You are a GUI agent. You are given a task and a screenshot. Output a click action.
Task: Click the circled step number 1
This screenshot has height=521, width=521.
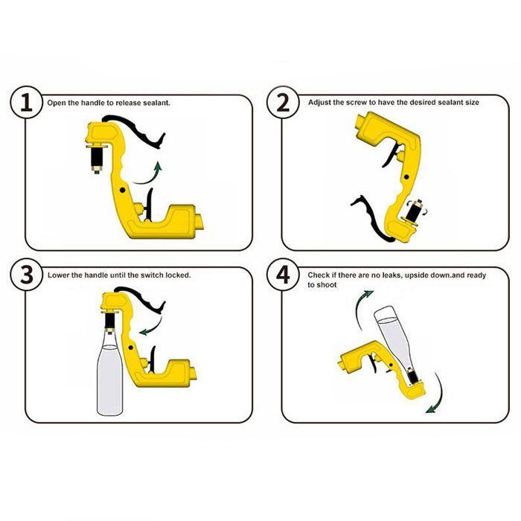coord(27,103)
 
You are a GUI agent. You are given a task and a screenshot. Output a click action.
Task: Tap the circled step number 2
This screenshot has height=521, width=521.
coord(283,103)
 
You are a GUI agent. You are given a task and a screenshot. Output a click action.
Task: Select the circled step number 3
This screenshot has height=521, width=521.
coord(27,275)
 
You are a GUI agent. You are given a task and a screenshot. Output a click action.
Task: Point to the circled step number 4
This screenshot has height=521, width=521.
coord(283,275)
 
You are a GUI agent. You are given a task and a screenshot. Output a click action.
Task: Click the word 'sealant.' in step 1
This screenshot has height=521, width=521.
coord(156,103)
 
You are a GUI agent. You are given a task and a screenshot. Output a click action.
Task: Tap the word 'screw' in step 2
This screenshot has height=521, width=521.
coord(357,103)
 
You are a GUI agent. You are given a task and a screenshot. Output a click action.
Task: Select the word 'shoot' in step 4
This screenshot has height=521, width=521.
coord(327,285)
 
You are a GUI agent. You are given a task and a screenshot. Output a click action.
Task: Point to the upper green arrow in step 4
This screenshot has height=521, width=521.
coord(359,307)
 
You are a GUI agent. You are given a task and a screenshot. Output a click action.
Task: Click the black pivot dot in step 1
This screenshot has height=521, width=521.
coord(123,190)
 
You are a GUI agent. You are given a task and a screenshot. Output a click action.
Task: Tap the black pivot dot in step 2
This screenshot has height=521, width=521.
coord(406,177)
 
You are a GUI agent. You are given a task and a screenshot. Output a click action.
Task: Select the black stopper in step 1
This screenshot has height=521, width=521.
coord(97,158)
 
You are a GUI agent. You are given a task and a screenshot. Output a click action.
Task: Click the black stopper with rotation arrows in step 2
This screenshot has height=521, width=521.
coord(415,211)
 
